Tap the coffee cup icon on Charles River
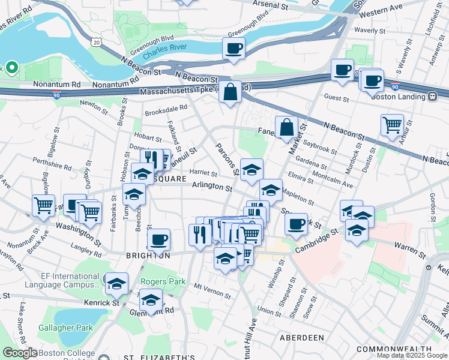234,48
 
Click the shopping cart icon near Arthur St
392,125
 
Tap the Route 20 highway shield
96,41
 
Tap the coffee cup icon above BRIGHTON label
158,240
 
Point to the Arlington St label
212,188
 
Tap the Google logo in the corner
20,353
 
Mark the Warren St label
409,245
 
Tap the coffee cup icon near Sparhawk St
296,224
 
